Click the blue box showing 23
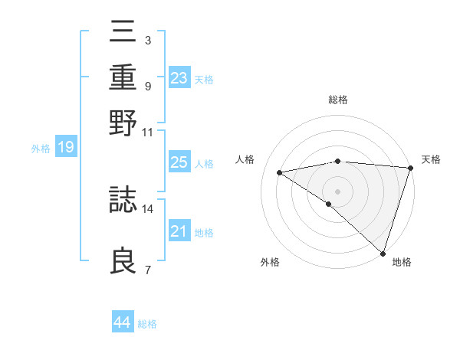[179, 78]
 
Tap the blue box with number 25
[179, 162]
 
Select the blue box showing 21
[179, 231]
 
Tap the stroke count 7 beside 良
[147, 270]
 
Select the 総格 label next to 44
[147, 324]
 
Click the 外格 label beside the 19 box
[40, 149]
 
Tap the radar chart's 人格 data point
[280, 172]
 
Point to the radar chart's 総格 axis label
[338, 100]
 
